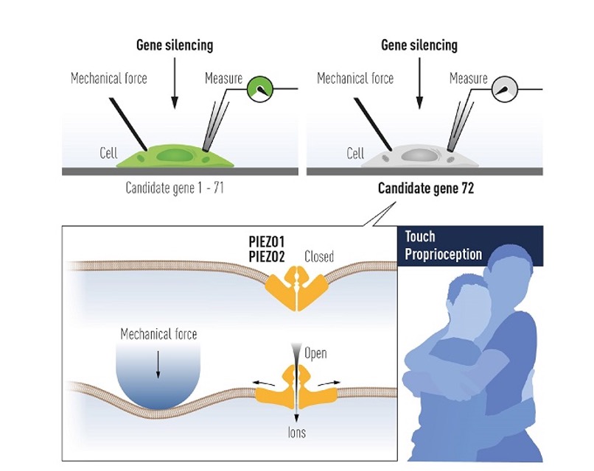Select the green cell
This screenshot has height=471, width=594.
point(178,156)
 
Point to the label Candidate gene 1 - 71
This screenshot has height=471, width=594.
point(175,188)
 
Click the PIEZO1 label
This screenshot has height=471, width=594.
point(269,242)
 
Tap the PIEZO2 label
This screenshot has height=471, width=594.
point(269,256)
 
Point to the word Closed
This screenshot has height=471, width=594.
point(319,257)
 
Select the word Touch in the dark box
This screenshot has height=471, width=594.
point(420,237)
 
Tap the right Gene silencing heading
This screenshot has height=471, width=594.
point(419,45)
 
